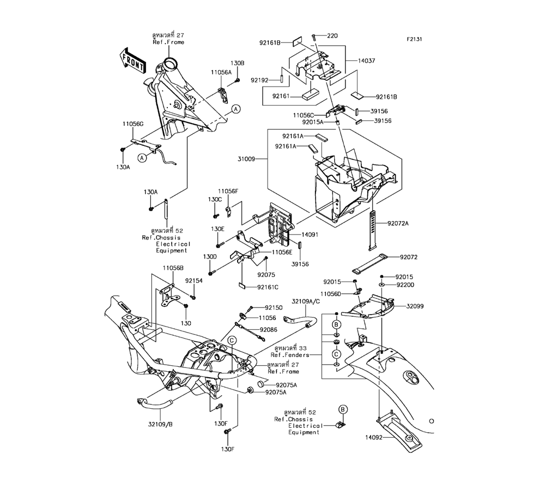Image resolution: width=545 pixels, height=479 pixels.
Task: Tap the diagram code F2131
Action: [414, 39]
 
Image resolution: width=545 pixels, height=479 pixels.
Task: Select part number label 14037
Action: [367, 60]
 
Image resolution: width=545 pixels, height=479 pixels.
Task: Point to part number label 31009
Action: [246, 159]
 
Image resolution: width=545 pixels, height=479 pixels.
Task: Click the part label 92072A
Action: [398, 223]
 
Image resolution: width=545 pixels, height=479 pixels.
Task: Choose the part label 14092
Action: [374, 437]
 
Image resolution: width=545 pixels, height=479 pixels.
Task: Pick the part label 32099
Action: [415, 306]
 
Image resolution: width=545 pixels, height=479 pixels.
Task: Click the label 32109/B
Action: [160, 424]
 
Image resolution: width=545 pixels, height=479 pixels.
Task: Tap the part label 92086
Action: [269, 329]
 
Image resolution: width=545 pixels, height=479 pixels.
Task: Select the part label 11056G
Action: [133, 124]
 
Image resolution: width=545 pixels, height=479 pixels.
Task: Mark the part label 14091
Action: [310, 234]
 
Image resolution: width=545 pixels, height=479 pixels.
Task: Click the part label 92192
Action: [259, 80]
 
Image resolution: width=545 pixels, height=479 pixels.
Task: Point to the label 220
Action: [332, 35]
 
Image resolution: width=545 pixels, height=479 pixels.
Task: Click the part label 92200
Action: [405, 285]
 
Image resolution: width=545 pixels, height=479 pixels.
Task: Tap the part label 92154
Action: [193, 280]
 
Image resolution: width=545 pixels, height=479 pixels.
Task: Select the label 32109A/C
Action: [306, 302]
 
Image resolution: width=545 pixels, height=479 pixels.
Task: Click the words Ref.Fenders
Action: [290, 355]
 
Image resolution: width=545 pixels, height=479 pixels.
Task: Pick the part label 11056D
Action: [331, 293]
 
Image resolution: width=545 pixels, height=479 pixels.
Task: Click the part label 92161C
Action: [268, 287]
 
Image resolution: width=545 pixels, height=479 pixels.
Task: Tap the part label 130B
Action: [238, 63]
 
